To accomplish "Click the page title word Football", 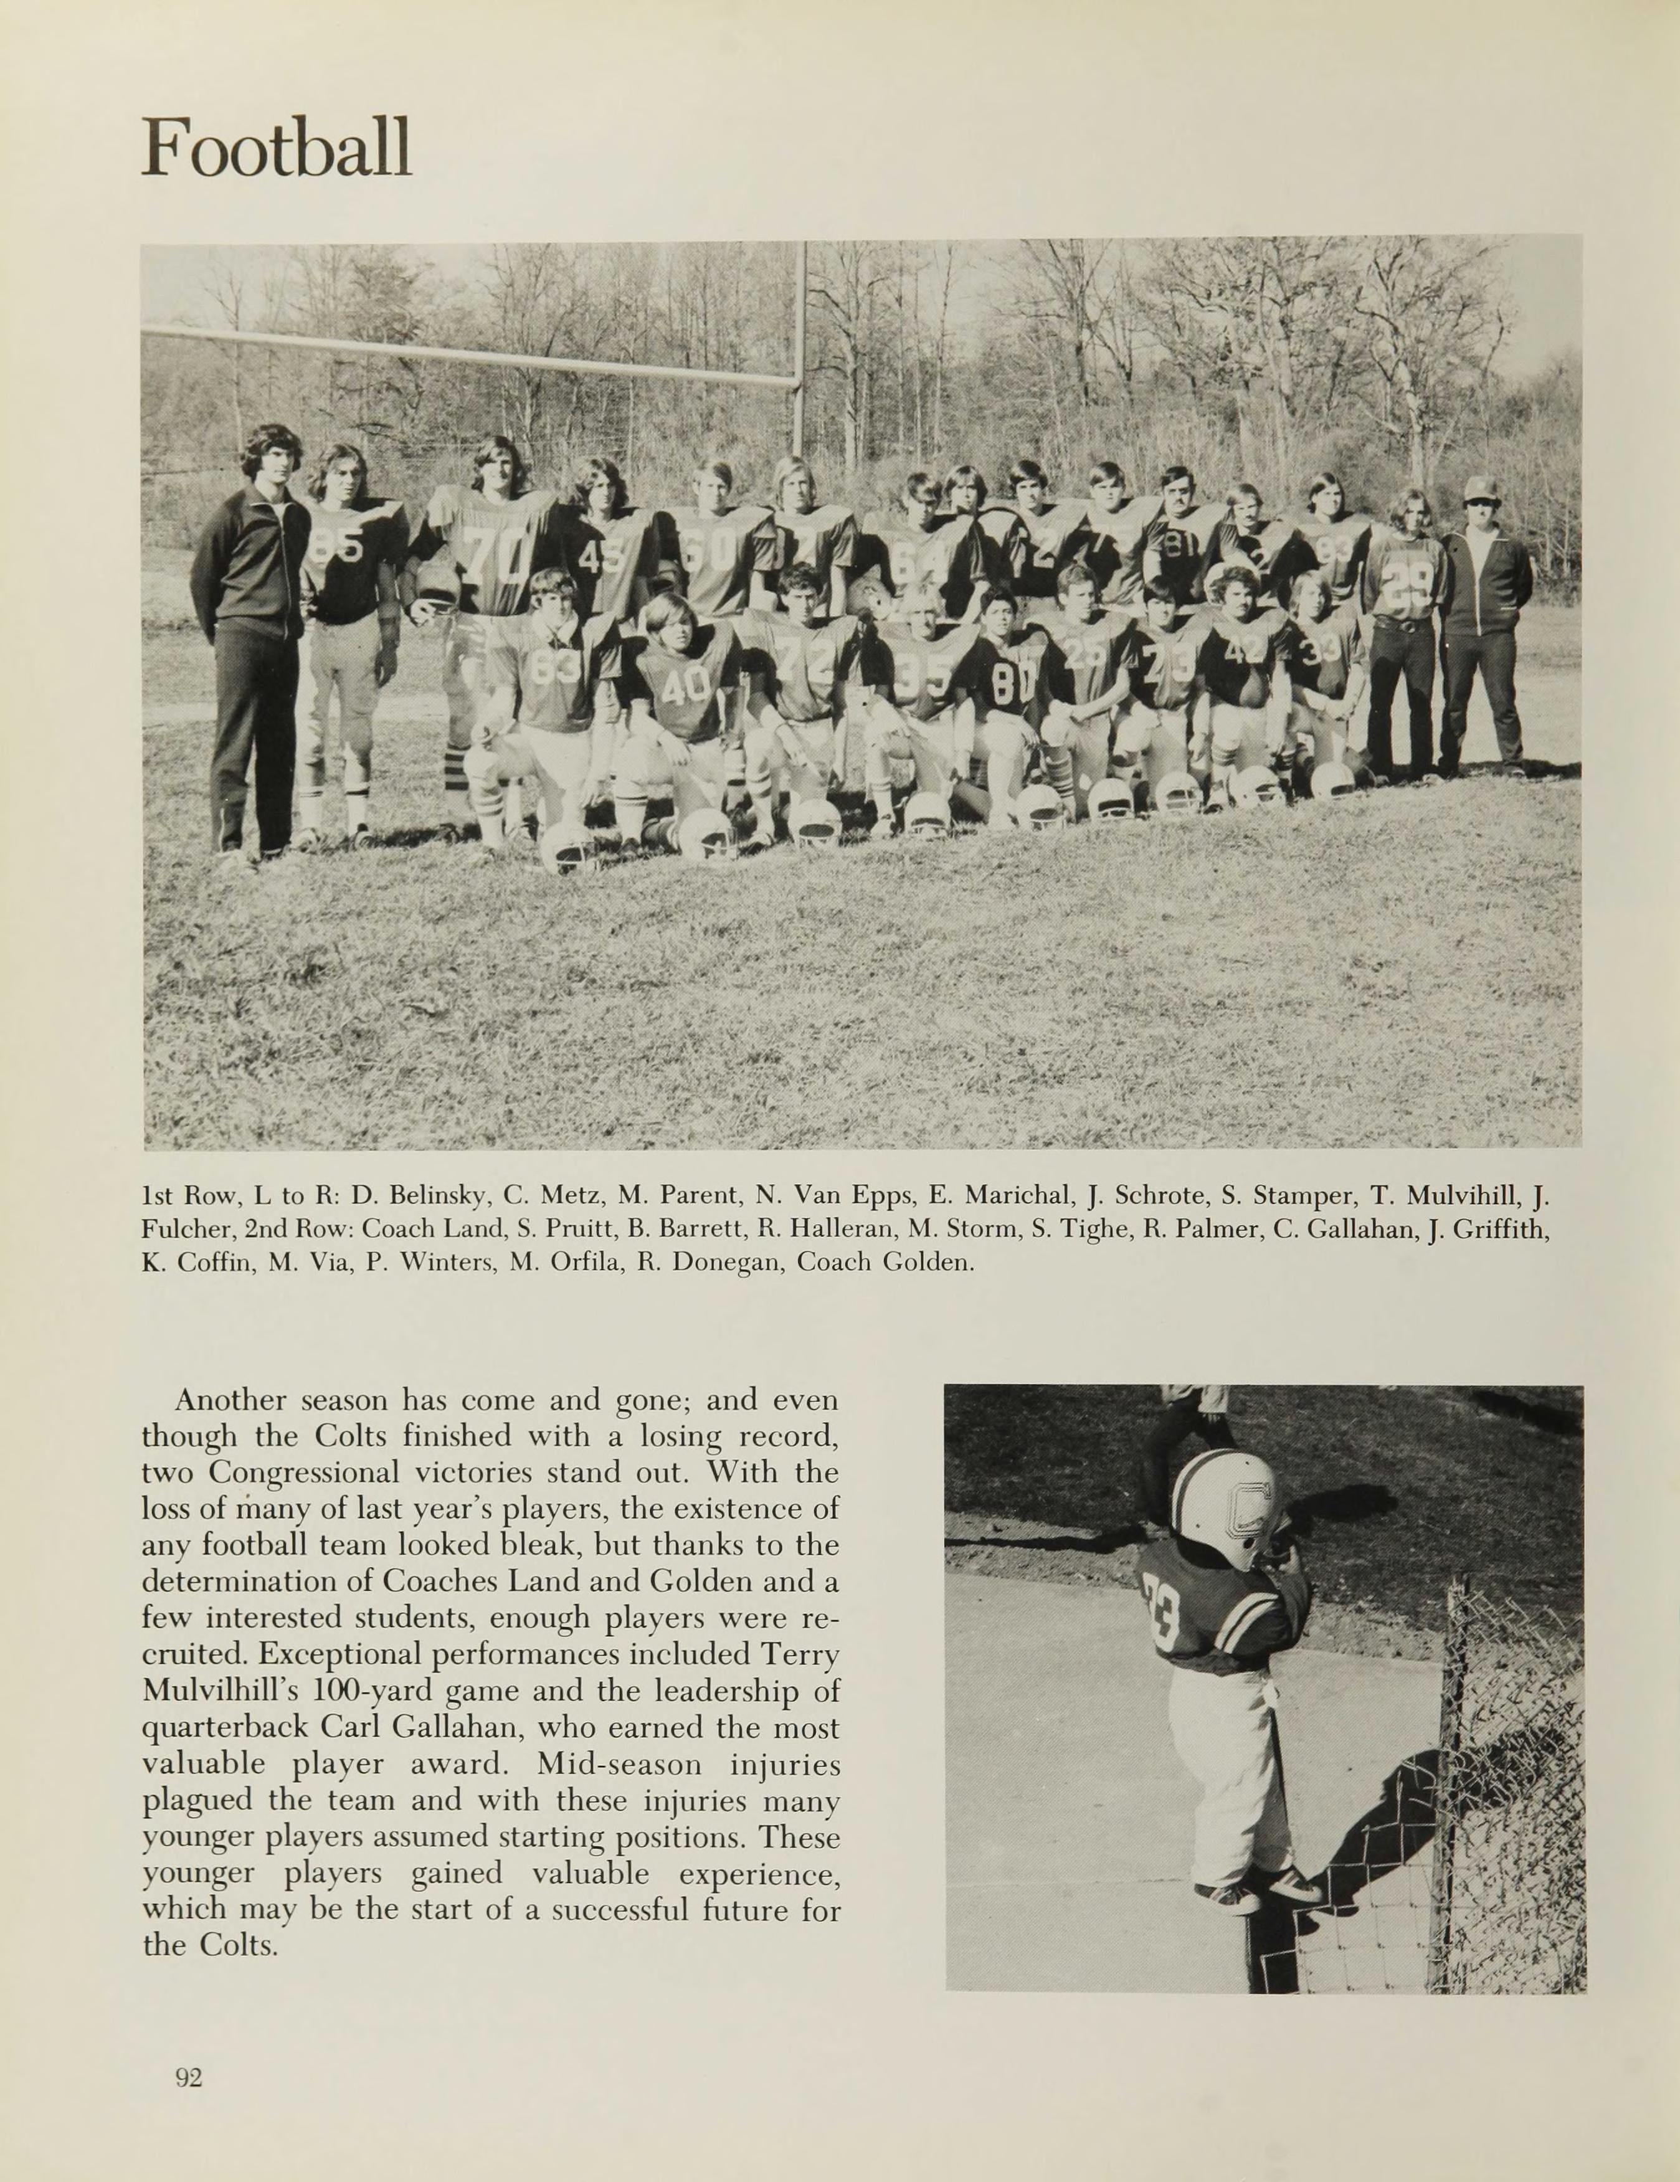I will click(276, 147).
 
